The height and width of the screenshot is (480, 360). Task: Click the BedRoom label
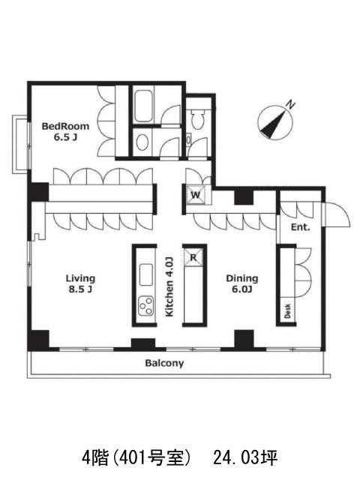click(x=65, y=126)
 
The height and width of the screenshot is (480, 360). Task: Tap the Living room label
click(x=80, y=278)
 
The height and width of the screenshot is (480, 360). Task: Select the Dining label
click(x=241, y=278)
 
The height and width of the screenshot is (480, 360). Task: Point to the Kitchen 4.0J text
click(x=169, y=286)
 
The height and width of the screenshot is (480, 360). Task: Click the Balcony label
click(x=164, y=363)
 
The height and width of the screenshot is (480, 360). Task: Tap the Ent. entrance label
click(x=300, y=227)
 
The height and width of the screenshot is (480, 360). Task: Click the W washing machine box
click(x=196, y=195)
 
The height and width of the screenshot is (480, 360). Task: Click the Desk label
click(x=287, y=310)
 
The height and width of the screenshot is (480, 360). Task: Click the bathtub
click(x=144, y=106)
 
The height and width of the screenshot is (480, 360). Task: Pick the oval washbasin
click(x=142, y=142)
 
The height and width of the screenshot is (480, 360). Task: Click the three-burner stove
click(x=146, y=306)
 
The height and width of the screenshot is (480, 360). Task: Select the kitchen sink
click(x=146, y=274)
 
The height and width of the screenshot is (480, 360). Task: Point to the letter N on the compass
click(x=290, y=105)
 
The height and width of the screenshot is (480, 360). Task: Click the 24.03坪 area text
click(x=245, y=458)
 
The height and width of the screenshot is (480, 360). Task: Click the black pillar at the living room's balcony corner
click(x=38, y=340)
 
